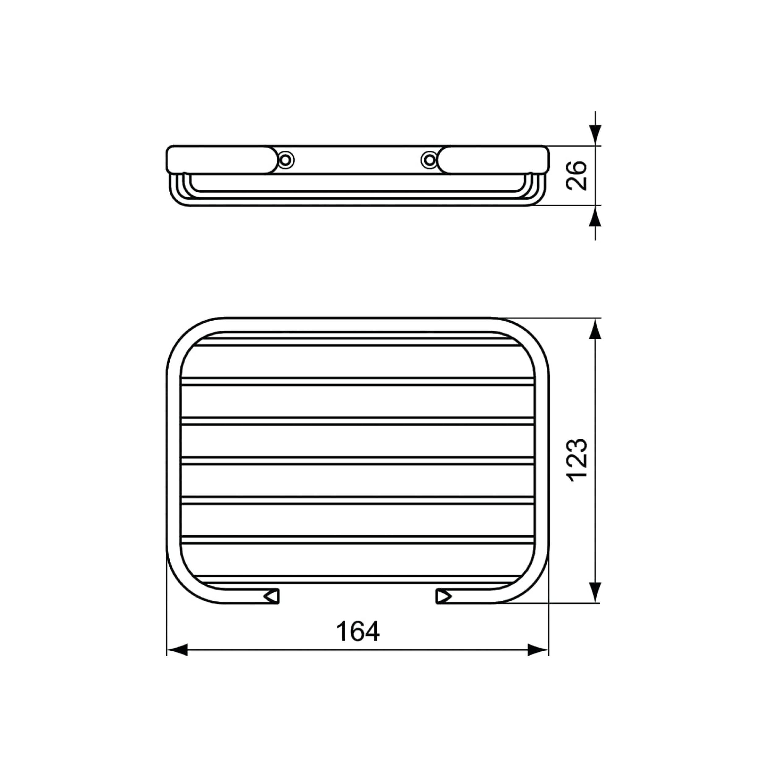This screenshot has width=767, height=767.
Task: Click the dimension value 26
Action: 576,175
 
